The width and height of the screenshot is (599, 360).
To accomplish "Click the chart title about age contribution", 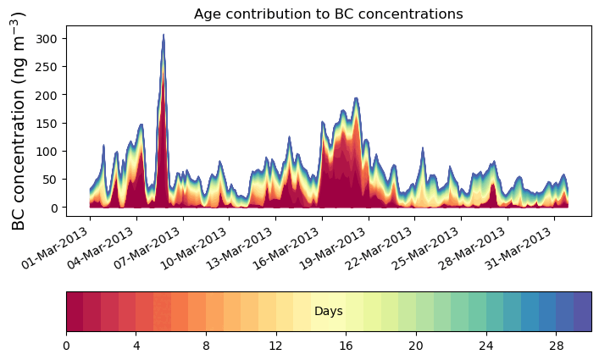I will [x=328, y=14].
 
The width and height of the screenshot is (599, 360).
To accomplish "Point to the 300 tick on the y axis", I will [x=47, y=39].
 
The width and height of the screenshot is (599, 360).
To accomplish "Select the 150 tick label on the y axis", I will [x=47, y=123].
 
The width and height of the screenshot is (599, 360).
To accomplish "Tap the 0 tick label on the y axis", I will [x=53, y=208].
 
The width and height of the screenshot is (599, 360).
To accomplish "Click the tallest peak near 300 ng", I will [x=164, y=36].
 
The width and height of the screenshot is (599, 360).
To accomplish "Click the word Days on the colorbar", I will [x=328, y=312].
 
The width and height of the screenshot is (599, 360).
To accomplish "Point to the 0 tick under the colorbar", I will [x=66, y=346].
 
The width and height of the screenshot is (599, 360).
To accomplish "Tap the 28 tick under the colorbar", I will [x=556, y=346].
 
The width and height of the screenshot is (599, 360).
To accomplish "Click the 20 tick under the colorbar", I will [x=416, y=346].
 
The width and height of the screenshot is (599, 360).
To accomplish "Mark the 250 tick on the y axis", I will [x=47, y=67].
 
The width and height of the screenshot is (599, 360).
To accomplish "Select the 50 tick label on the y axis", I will [x=50, y=179].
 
